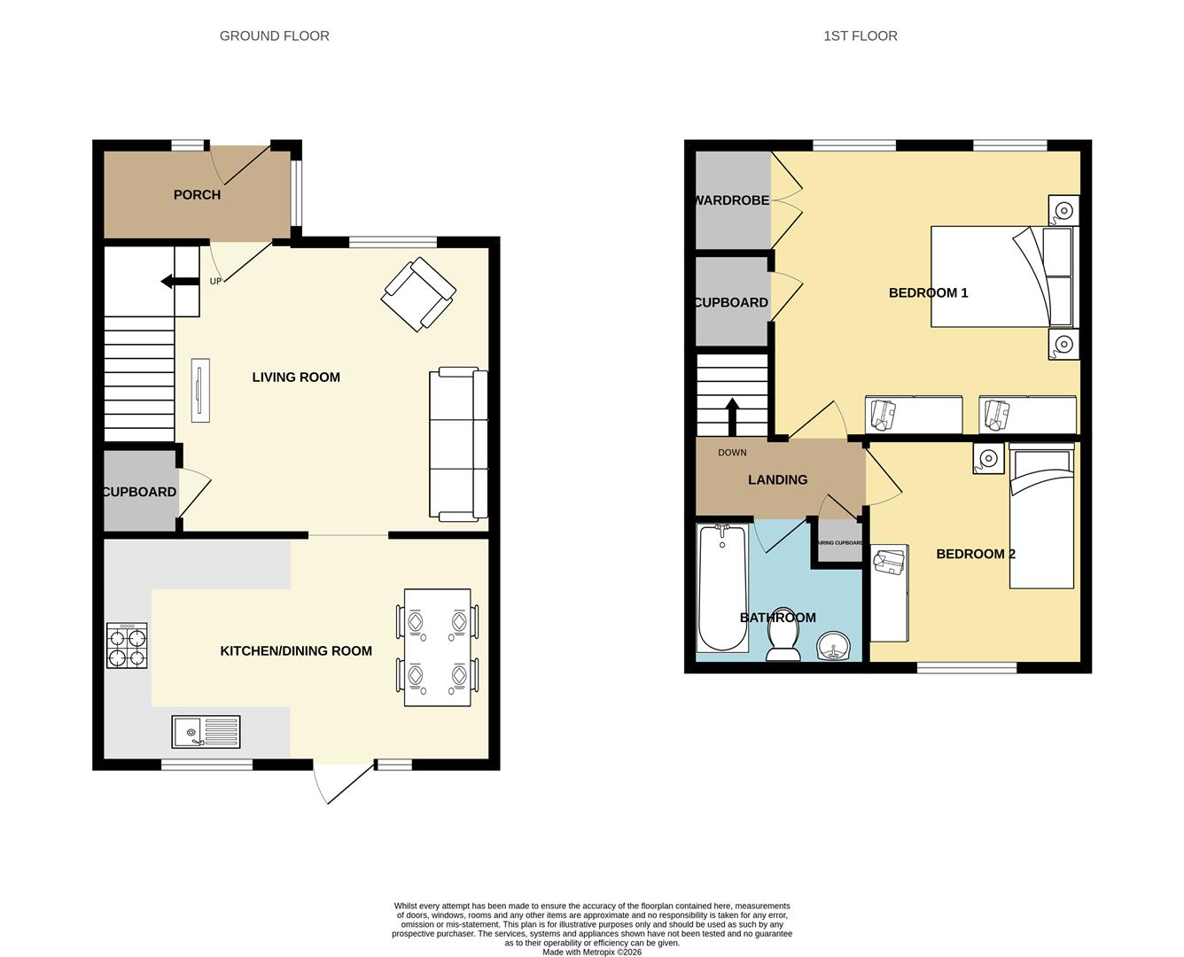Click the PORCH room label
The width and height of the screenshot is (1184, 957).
coord(197,195)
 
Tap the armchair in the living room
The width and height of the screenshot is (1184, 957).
coord(418,294)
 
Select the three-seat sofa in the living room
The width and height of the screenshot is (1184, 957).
coord(458,443)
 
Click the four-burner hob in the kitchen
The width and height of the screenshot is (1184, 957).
coord(127,645)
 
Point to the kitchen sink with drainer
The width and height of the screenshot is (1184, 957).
coord(206,732)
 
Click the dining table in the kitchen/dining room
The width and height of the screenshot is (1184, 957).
coord(437,648)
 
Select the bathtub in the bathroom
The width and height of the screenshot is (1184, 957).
coord(722,587)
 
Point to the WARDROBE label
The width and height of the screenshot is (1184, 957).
coord(731,200)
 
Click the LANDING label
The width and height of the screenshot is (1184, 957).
coord(777,479)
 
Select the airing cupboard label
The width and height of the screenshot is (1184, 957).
coord(838,543)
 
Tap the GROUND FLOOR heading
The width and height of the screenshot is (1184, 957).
coord(274,36)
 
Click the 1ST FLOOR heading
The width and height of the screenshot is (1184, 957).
coord(860,36)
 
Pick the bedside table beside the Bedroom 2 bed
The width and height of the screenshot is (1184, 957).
coord(988,458)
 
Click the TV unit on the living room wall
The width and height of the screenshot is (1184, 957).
coord(200,391)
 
